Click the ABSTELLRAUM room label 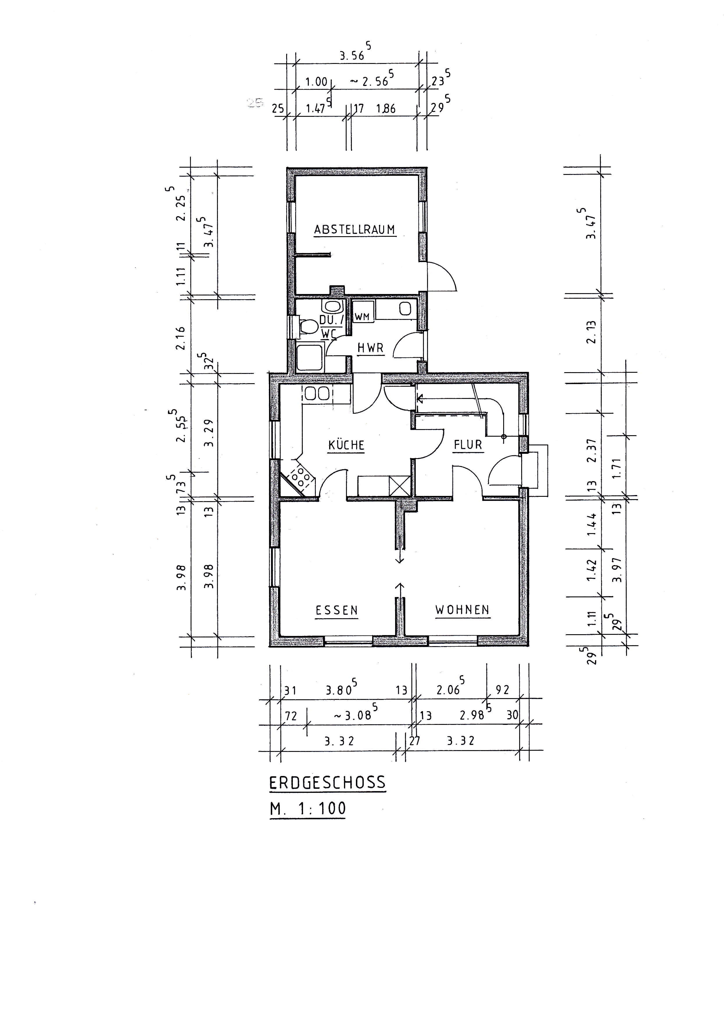pyautogui.click(x=355, y=230)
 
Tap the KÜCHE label pyautogui.click(x=346, y=445)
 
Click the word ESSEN pyautogui.click(x=337, y=610)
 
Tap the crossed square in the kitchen pyautogui.click(x=399, y=485)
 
